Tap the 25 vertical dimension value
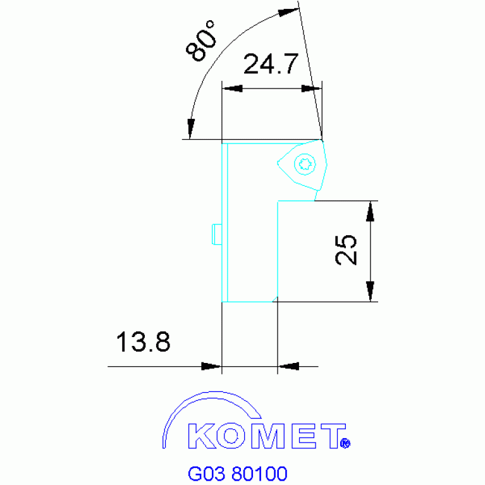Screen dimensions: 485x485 (x=347, y=250)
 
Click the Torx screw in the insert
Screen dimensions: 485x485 (x=305, y=164)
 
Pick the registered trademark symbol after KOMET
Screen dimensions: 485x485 (x=345, y=444)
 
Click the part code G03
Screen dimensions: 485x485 (x=207, y=473)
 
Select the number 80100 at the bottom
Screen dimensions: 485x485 (x=259, y=473)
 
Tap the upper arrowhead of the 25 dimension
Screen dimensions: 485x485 (x=371, y=210)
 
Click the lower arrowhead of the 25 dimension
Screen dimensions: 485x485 (x=371, y=293)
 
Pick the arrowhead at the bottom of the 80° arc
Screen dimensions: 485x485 (x=190, y=130)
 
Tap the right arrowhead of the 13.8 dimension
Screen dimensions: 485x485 (x=288, y=366)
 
